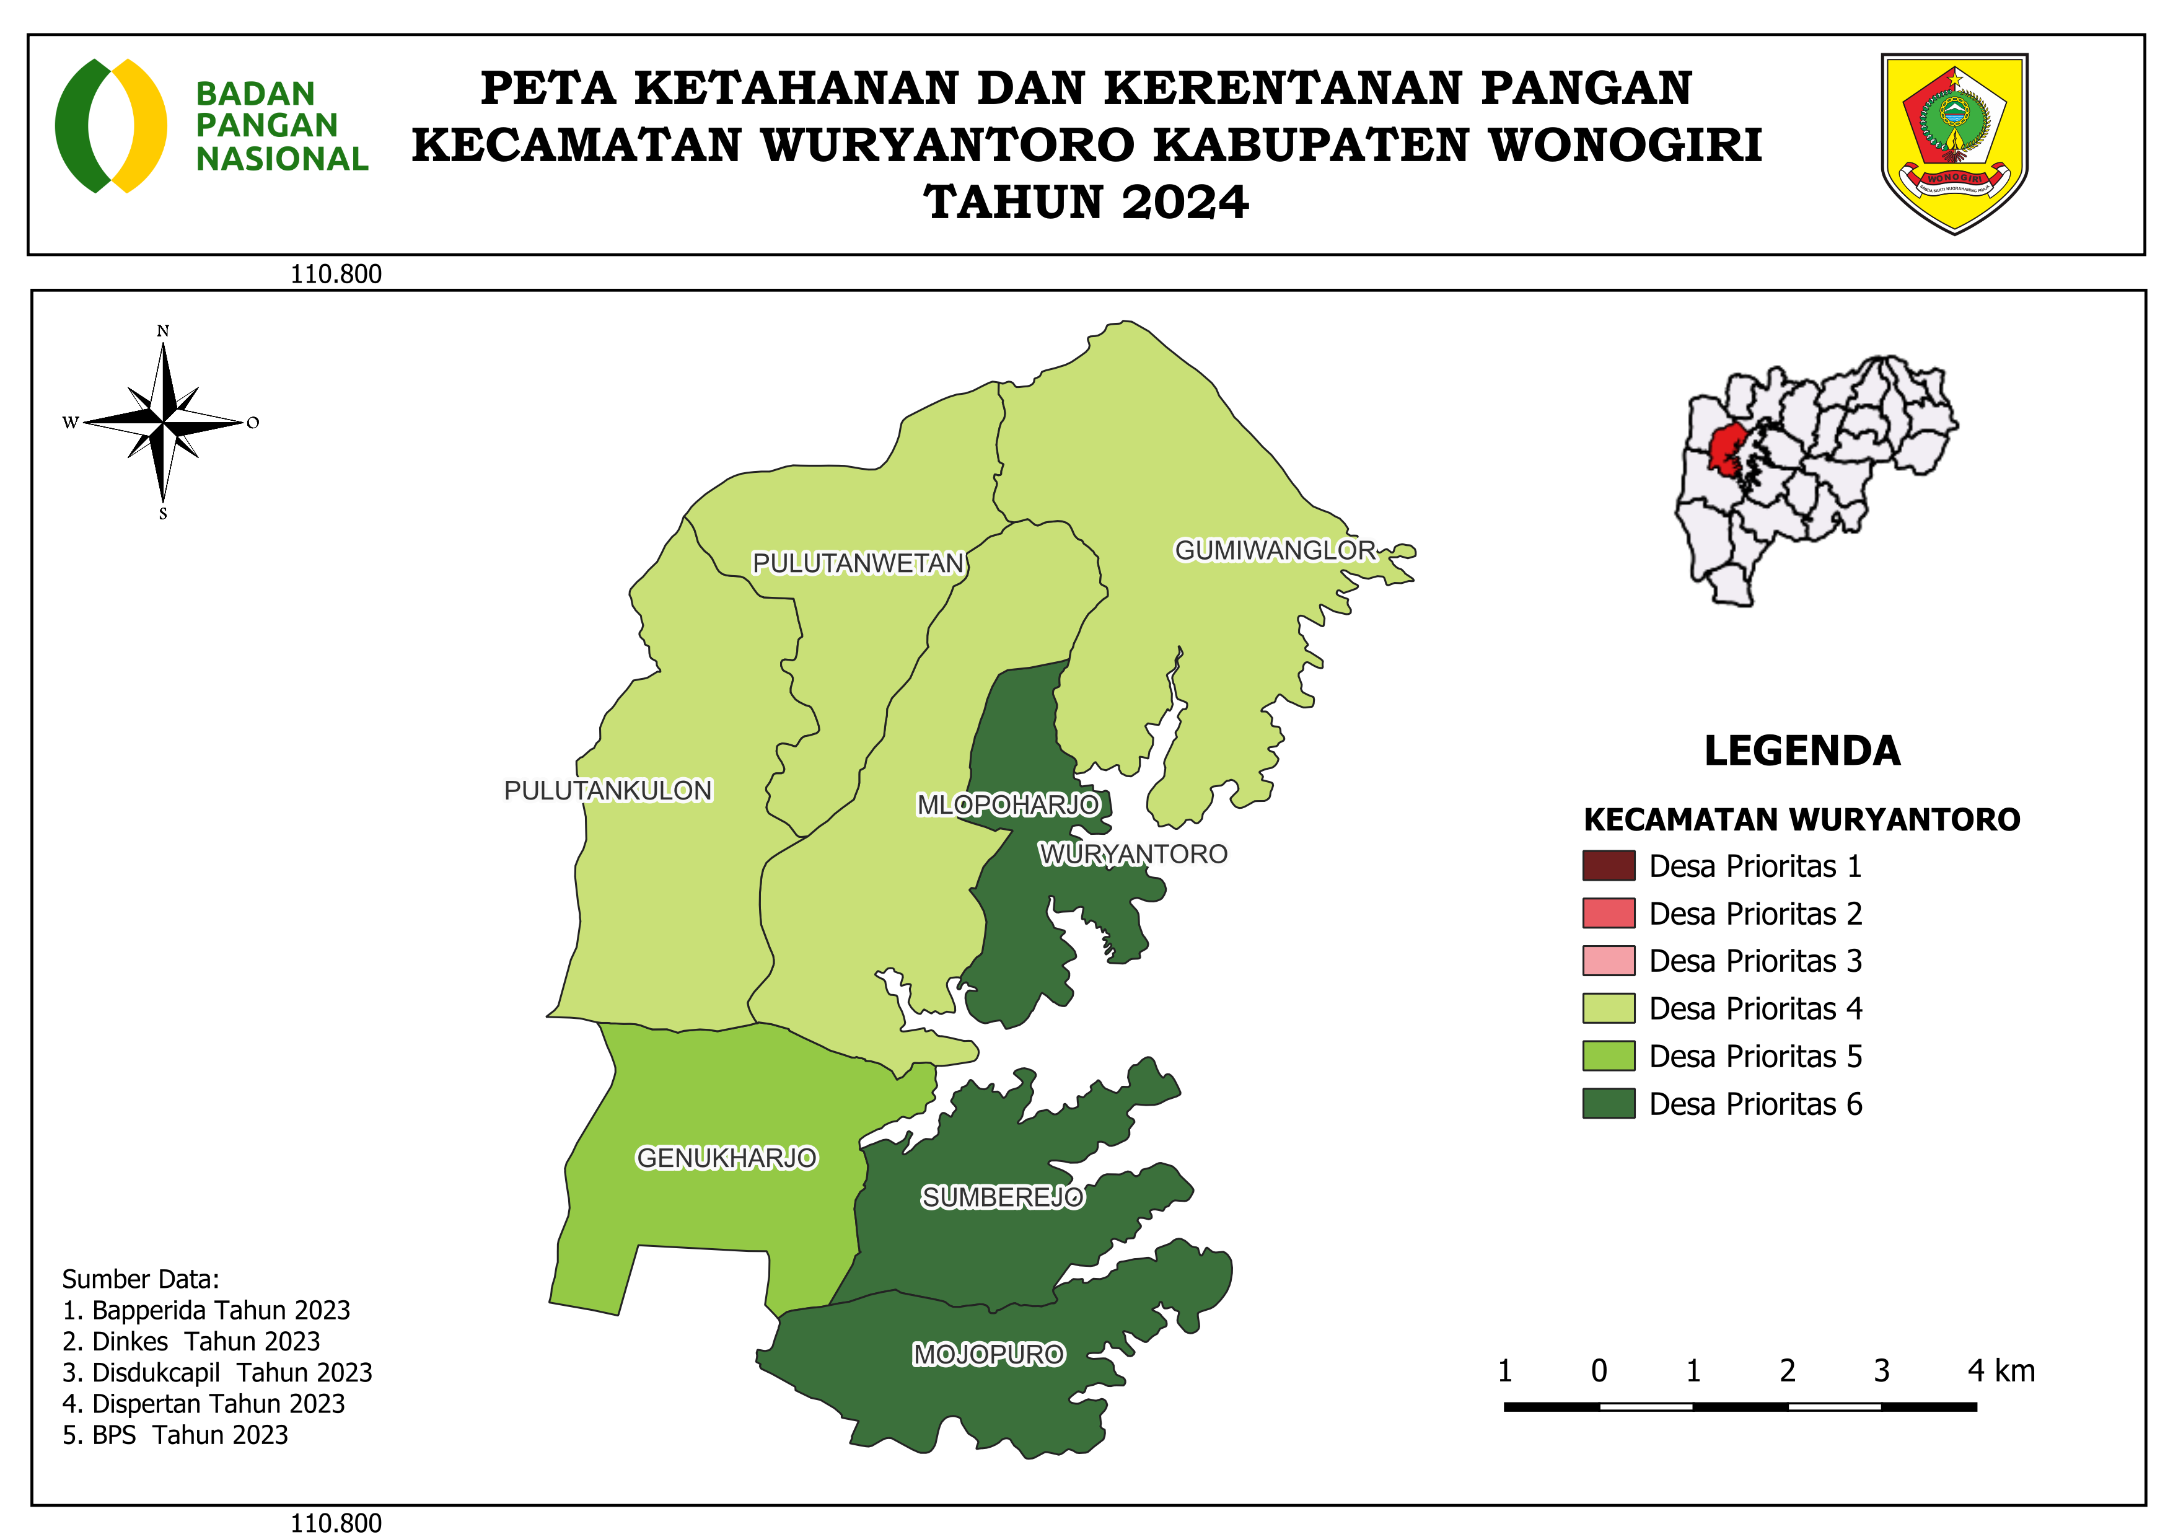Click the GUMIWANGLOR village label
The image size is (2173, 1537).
pyautogui.click(x=1275, y=551)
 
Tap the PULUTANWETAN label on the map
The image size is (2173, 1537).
pyautogui.click(x=858, y=563)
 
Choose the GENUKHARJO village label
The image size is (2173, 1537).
pyautogui.click(x=726, y=1158)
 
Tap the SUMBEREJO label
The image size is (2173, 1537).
pyautogui.click(x=1003, y=1197)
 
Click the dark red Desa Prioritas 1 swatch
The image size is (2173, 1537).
pyautogui.click(x=1608, y=865)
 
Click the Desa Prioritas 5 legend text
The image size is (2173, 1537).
pyautogui.click(x=1755, y=1056)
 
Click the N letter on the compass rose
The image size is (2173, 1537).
pyautogui.click(x=163, y=331)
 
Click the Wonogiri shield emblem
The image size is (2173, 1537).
pyautogui.click(x=1954, y=142)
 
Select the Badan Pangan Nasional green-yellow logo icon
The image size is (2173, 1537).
pyautogui.click(x=111, y=126)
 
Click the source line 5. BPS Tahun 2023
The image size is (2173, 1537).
pyautogui.click(x=175, y=1435)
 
